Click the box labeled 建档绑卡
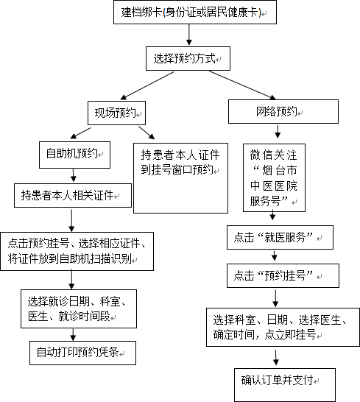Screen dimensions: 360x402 tap(195, 13)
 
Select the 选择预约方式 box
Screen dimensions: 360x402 tap(188, 58)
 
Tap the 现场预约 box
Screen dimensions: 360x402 tap(116, 113)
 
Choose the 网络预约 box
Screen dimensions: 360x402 tap(283, 111)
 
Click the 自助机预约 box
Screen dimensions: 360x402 tap(74, 155)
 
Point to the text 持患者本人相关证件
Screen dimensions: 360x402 tap(67, 195)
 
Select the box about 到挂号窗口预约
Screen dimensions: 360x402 tap(180, 178)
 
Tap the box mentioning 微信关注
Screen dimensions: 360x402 tap(274, 177)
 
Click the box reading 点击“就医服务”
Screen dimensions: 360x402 tap(280, 237)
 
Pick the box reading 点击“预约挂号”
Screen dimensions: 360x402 tap(283, 275)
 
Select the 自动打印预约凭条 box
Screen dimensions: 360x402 tap(82, 353)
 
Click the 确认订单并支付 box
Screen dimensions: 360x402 tap(285, 385)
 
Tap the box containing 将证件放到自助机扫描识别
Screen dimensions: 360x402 tap(77, 251)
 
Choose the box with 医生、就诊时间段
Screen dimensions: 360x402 tap(79, 309)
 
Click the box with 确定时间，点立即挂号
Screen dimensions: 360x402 tap(283, 328)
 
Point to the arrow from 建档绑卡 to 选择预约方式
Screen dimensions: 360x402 tap(189, 35)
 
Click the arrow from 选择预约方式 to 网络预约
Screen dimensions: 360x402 tap(242, 85)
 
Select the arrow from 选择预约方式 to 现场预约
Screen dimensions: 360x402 tap(147, 85)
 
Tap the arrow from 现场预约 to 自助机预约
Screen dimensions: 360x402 tap(80, 133)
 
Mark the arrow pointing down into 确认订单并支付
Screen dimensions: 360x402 tap(276, 358)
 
